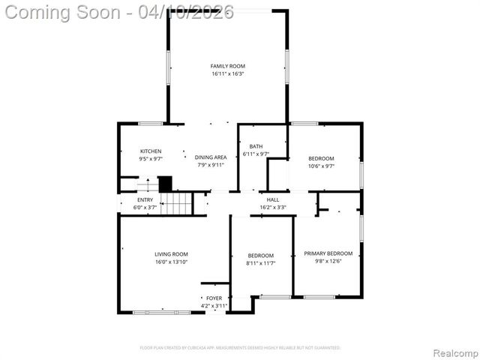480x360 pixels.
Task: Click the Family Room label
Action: pyautogui.click(x=227, y=66)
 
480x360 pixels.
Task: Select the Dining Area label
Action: pyautogui.click(x=211, y=157)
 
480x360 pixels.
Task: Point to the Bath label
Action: pyautogui.click(x=256, y=146)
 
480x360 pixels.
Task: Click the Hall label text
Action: pyautogui.click(x=272, y=199)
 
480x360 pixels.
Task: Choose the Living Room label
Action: pyautogui.click(x=171, y=254)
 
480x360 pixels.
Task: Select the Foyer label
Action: pyautogui.click(x=214, y=298)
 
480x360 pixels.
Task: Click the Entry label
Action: pyautogui.click(x=145, y=199)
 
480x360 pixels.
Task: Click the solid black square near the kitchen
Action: pyautogui.click(x=165, y=183)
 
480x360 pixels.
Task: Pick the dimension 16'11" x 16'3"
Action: pyautogui.click(x=227, y=73)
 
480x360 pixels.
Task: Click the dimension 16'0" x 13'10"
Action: pyautogui.click(x=171, y=262)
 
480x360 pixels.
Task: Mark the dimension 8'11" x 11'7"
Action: pyautogui.click(x=260, y=263)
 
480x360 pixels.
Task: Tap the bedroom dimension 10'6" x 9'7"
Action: pyautogui.click(x=321, y=166)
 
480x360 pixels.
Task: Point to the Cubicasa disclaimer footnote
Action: pyautogui.click(x=240, y=348)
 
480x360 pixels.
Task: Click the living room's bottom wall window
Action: pyautogui.click(x=160, y=312)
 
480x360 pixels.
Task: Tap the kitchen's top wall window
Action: pyautogui.click(x=151, y=123)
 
